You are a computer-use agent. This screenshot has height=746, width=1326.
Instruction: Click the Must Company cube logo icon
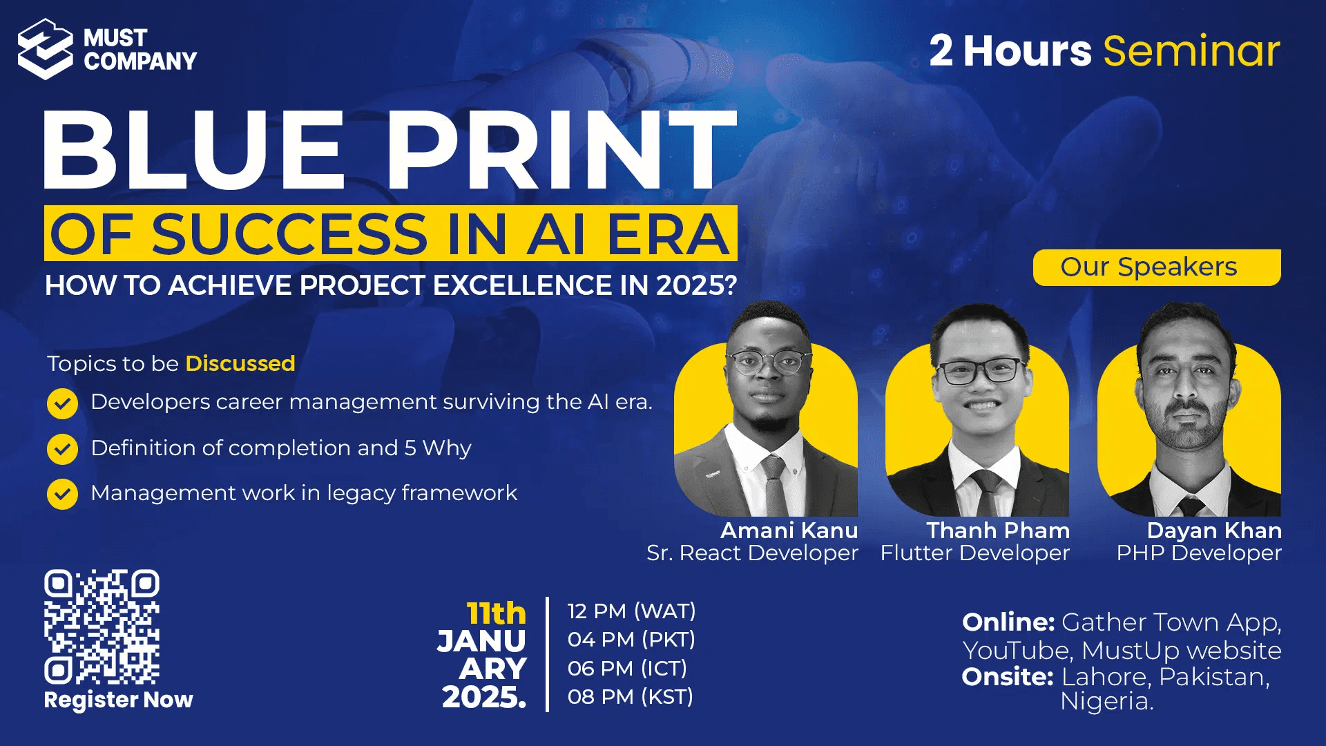click(x=45, y=49)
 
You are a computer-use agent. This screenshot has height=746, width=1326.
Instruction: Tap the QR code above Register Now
click(x=102, y=627)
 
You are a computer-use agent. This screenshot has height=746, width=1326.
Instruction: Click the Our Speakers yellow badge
click(x=1157, y=267)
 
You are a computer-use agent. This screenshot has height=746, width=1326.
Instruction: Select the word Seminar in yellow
click(x=1192, y=51)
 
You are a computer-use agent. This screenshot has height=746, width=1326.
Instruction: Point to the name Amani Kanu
click(x=789, y=530)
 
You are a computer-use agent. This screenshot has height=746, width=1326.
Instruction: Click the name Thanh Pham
click(x=998, y=530)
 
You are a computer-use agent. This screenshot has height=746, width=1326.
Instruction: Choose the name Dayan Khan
click(x=1214, y=530)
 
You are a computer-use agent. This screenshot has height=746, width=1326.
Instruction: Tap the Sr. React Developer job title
click(x=753, y=553)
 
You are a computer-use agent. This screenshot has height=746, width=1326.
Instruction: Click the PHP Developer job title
click(x=1199, y=553)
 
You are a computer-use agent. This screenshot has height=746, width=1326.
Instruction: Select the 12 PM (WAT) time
click(x=632, y=611)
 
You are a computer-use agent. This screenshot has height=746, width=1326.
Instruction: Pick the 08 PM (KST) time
click(x=631, y=697)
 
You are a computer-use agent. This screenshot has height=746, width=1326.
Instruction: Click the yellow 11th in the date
click(x=497, y=613)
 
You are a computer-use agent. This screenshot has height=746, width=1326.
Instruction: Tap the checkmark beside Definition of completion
click(x=62, y=449)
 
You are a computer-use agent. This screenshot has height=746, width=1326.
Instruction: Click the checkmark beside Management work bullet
click(x=62, y=494)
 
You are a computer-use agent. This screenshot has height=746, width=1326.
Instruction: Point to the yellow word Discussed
click(x=240, y=363)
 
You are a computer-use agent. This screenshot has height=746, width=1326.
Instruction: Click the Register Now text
click(x=119, y=700)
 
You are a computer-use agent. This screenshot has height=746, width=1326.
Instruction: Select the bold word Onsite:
click(x=1008, y=677)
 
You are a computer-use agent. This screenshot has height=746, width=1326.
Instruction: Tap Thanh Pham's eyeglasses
click(x=980, y=372)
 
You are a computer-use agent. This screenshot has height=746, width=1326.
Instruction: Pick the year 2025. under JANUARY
click(x=484, y=698)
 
